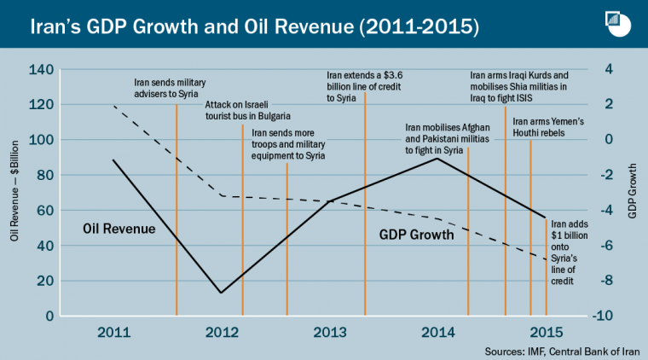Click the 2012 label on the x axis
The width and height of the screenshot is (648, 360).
point(222,331)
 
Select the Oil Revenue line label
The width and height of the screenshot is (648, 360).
point(119,229)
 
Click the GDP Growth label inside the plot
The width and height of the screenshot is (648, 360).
point(416,232)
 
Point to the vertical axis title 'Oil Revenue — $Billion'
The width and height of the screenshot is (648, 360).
point(15,193)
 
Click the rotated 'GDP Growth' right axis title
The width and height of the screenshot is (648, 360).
point(634,193)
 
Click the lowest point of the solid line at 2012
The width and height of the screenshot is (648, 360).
point(221,293)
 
